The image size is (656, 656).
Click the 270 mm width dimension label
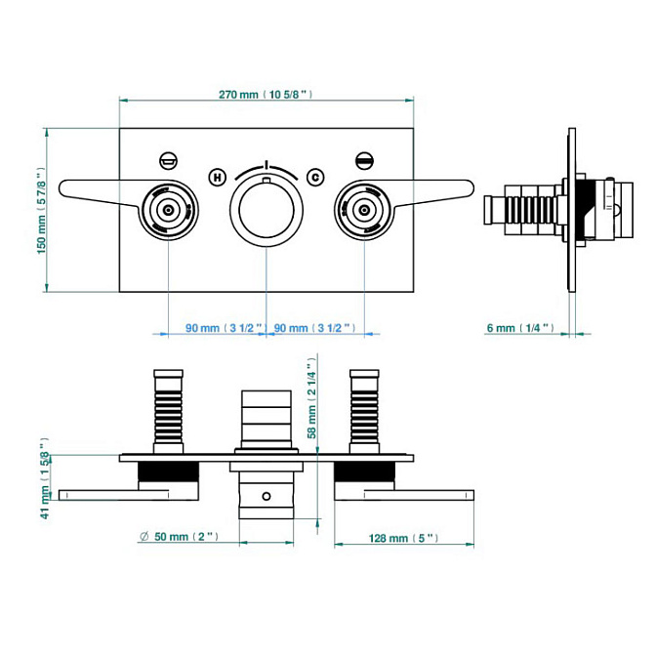pos(265,95)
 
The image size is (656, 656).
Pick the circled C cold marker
pos(314,176)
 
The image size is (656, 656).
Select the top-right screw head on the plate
pos(365,158)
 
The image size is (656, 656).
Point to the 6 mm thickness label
pos(520,328)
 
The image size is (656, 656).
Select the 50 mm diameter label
pos(183,537)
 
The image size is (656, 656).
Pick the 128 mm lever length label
pos(402,538)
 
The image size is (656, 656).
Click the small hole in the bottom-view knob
pos(266,497)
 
